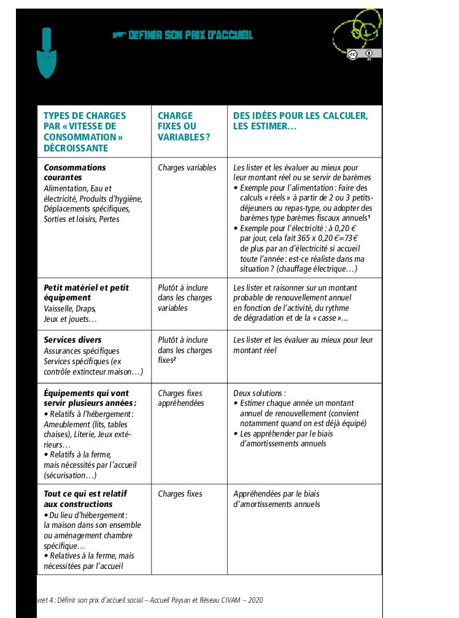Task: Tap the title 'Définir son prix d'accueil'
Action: point(190,35)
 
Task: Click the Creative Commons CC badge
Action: point(353,54)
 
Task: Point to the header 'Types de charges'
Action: point(85,116)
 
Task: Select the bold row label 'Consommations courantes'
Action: point(75,172)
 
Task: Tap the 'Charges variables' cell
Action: point(187,167)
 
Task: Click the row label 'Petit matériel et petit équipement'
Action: point(87,292)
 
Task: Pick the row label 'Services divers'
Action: point(73,340)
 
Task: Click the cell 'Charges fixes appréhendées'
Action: point(180,398)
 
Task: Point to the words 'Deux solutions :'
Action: point(260,393)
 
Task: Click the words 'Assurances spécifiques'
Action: point(82,351)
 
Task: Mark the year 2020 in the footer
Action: point(255,600)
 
